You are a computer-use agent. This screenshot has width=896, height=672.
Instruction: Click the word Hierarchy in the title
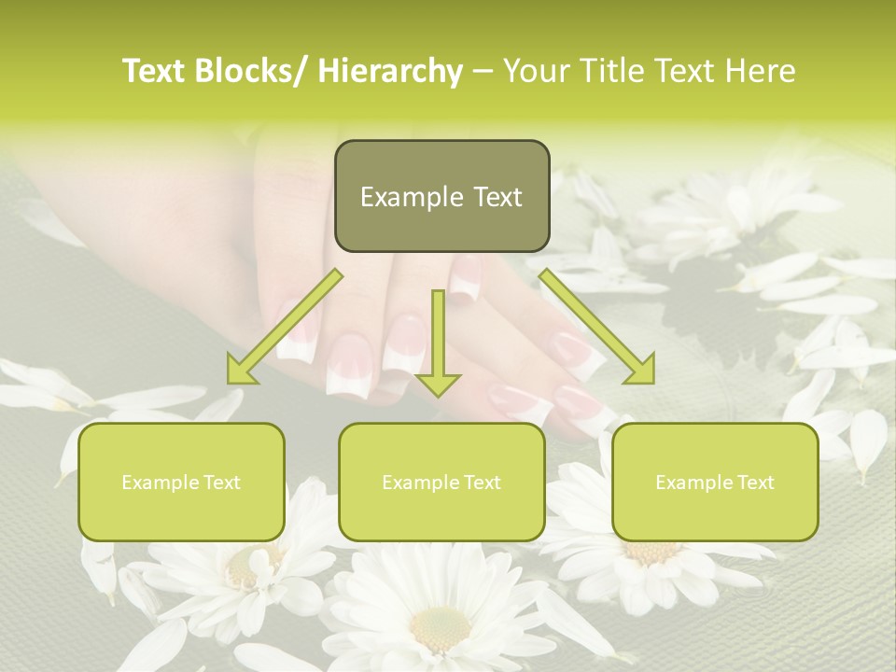pyautogui.click(x=390, y=71)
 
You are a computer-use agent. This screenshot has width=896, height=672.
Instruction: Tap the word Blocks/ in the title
pyautogui.click(x=256, y=71)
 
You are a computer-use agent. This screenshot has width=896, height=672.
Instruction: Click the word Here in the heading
pyautogui.click(x=761, y=71)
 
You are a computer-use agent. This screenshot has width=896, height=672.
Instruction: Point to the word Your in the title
pyautogui.click(x=537, y=71)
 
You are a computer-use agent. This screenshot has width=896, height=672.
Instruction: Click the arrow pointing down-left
pyautogui.click(x=285, y=327)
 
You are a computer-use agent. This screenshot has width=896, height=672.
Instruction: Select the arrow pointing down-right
pyautogui.click(x=597, y=327)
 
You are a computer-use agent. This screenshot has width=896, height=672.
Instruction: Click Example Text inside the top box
pyautogui.click(x=441, y=197)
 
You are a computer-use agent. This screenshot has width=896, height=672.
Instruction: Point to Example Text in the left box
pyautogui.click(x=181, y=483)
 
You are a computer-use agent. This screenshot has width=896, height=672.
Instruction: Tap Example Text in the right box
pyautogui.click(x=715, y=483)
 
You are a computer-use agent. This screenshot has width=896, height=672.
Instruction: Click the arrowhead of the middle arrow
pyautogui.click(x=438, y=384)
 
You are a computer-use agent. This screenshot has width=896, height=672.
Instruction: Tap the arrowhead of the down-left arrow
pyautogui.click(x=240, y=371)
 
